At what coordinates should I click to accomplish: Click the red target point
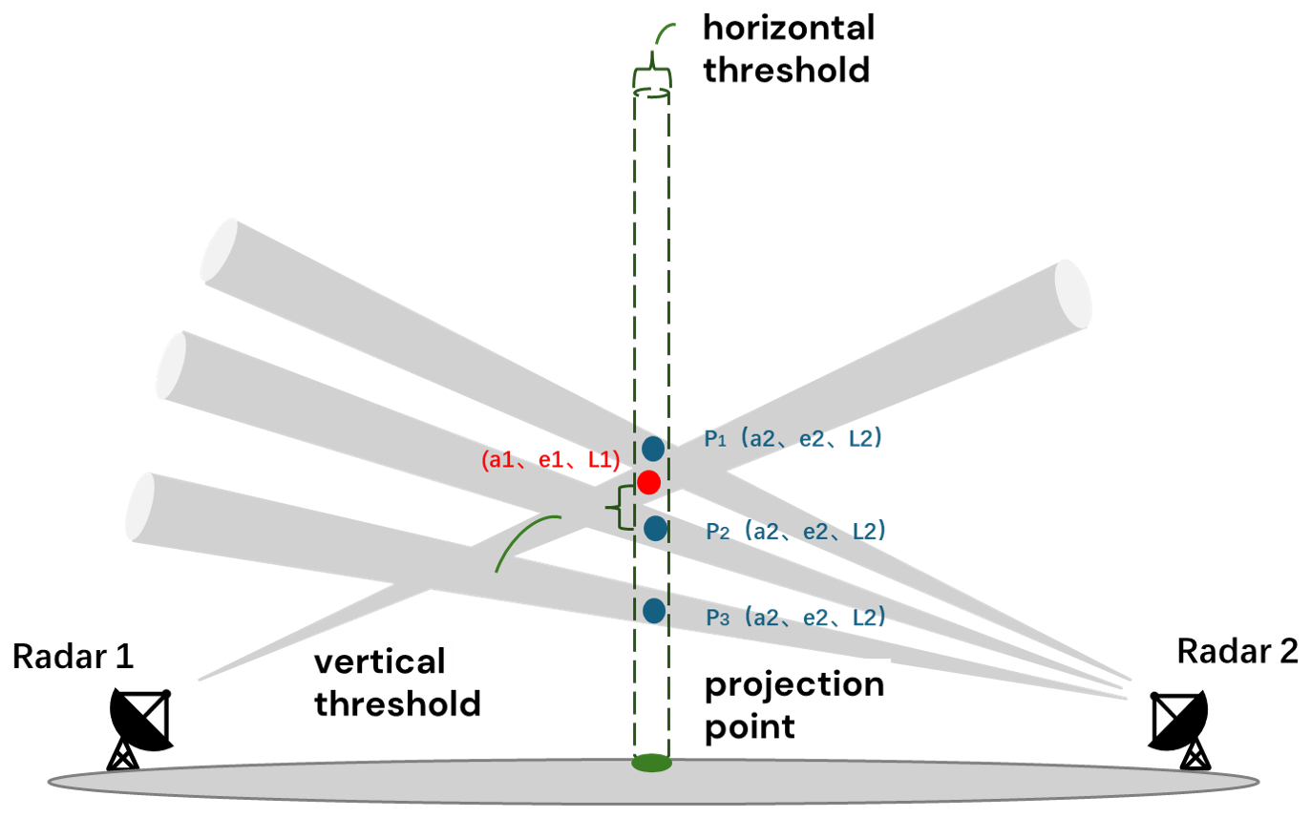click(649, 482)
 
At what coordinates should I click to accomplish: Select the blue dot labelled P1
click(654, 448)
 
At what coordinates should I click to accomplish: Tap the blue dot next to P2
click(655, 528)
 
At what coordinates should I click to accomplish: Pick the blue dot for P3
click(654, 610)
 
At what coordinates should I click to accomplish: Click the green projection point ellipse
click(652, 763)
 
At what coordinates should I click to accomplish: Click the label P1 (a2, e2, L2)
click(792, 440)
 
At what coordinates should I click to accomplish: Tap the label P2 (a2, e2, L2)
click(795, 531)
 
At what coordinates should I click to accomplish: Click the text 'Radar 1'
click(74, 657)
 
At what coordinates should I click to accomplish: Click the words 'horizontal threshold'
click(789, 49)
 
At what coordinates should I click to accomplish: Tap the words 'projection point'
click(794, 705)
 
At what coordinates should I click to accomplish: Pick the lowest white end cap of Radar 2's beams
click(139, 505)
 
